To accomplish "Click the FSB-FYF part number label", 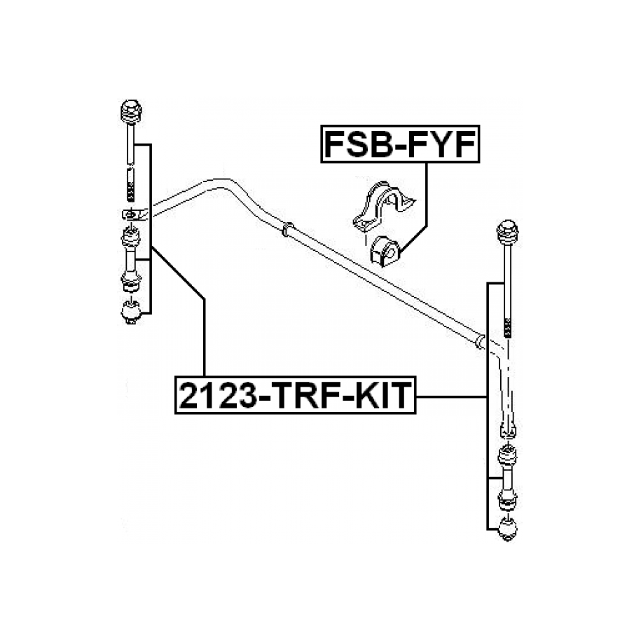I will pos(400,145).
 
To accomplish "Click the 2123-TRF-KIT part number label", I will pos(295,395).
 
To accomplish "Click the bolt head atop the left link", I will pos(131,112).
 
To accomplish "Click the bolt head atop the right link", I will pos(507,233).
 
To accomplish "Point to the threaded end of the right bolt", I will pos(506,326).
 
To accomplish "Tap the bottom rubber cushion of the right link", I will pos(506,529).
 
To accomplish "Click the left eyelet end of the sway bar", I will pos(132,214).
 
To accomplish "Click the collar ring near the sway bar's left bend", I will pos(286,230).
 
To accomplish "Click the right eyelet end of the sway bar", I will pos(507,429).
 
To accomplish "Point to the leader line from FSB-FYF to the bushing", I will pos(426,203).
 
